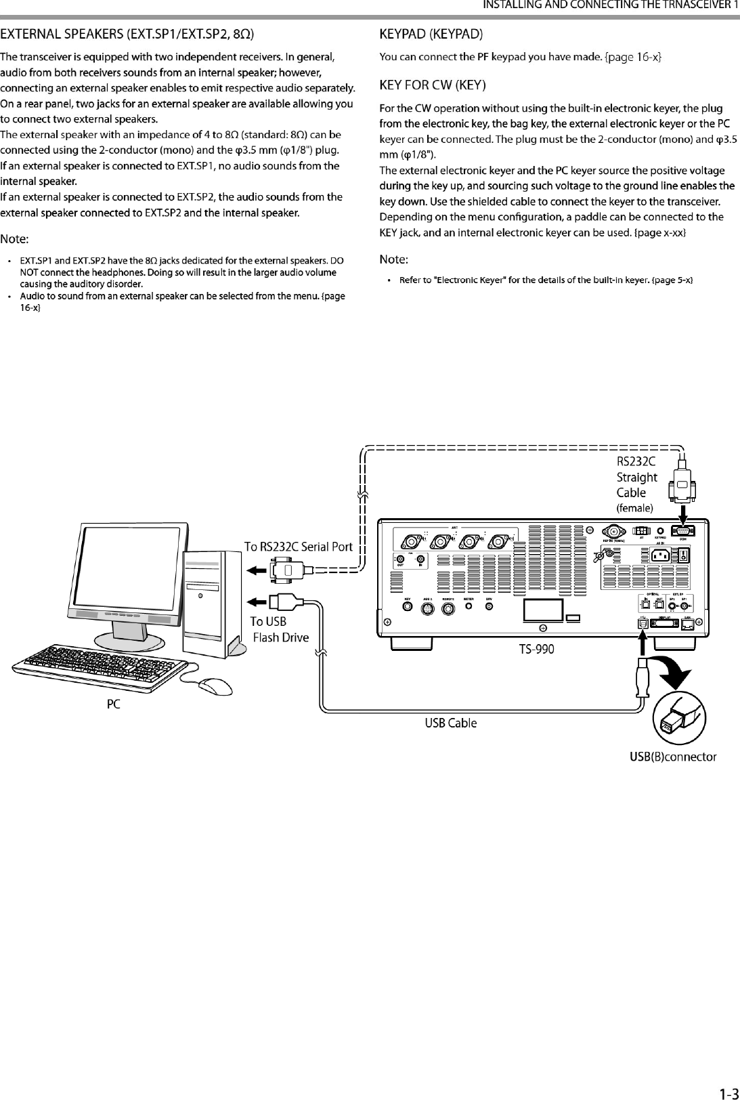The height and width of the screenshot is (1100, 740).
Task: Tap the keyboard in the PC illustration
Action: point(97,660)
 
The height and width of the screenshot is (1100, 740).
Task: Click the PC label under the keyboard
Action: point(114,705)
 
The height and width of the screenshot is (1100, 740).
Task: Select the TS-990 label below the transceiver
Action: point(536,650)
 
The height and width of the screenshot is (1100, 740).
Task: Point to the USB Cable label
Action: point(450,723)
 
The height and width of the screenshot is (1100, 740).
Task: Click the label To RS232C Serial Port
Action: point(298,547)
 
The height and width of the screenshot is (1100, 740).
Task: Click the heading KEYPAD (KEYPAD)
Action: point(431,33)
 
